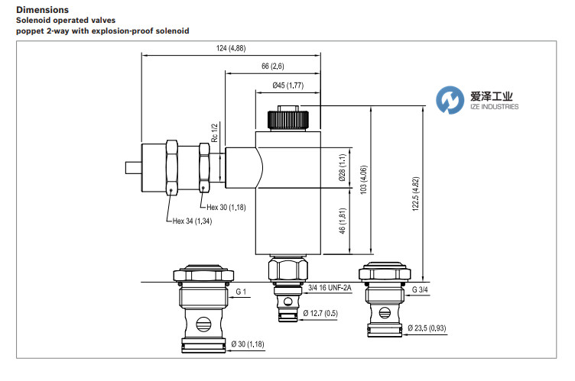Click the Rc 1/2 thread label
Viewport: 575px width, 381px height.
(x=216, y=134)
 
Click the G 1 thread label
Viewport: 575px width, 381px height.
(x=241, y=292)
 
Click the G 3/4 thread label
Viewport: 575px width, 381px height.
(x=421, y=290)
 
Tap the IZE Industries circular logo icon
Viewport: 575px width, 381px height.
(x=451, y=99)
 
